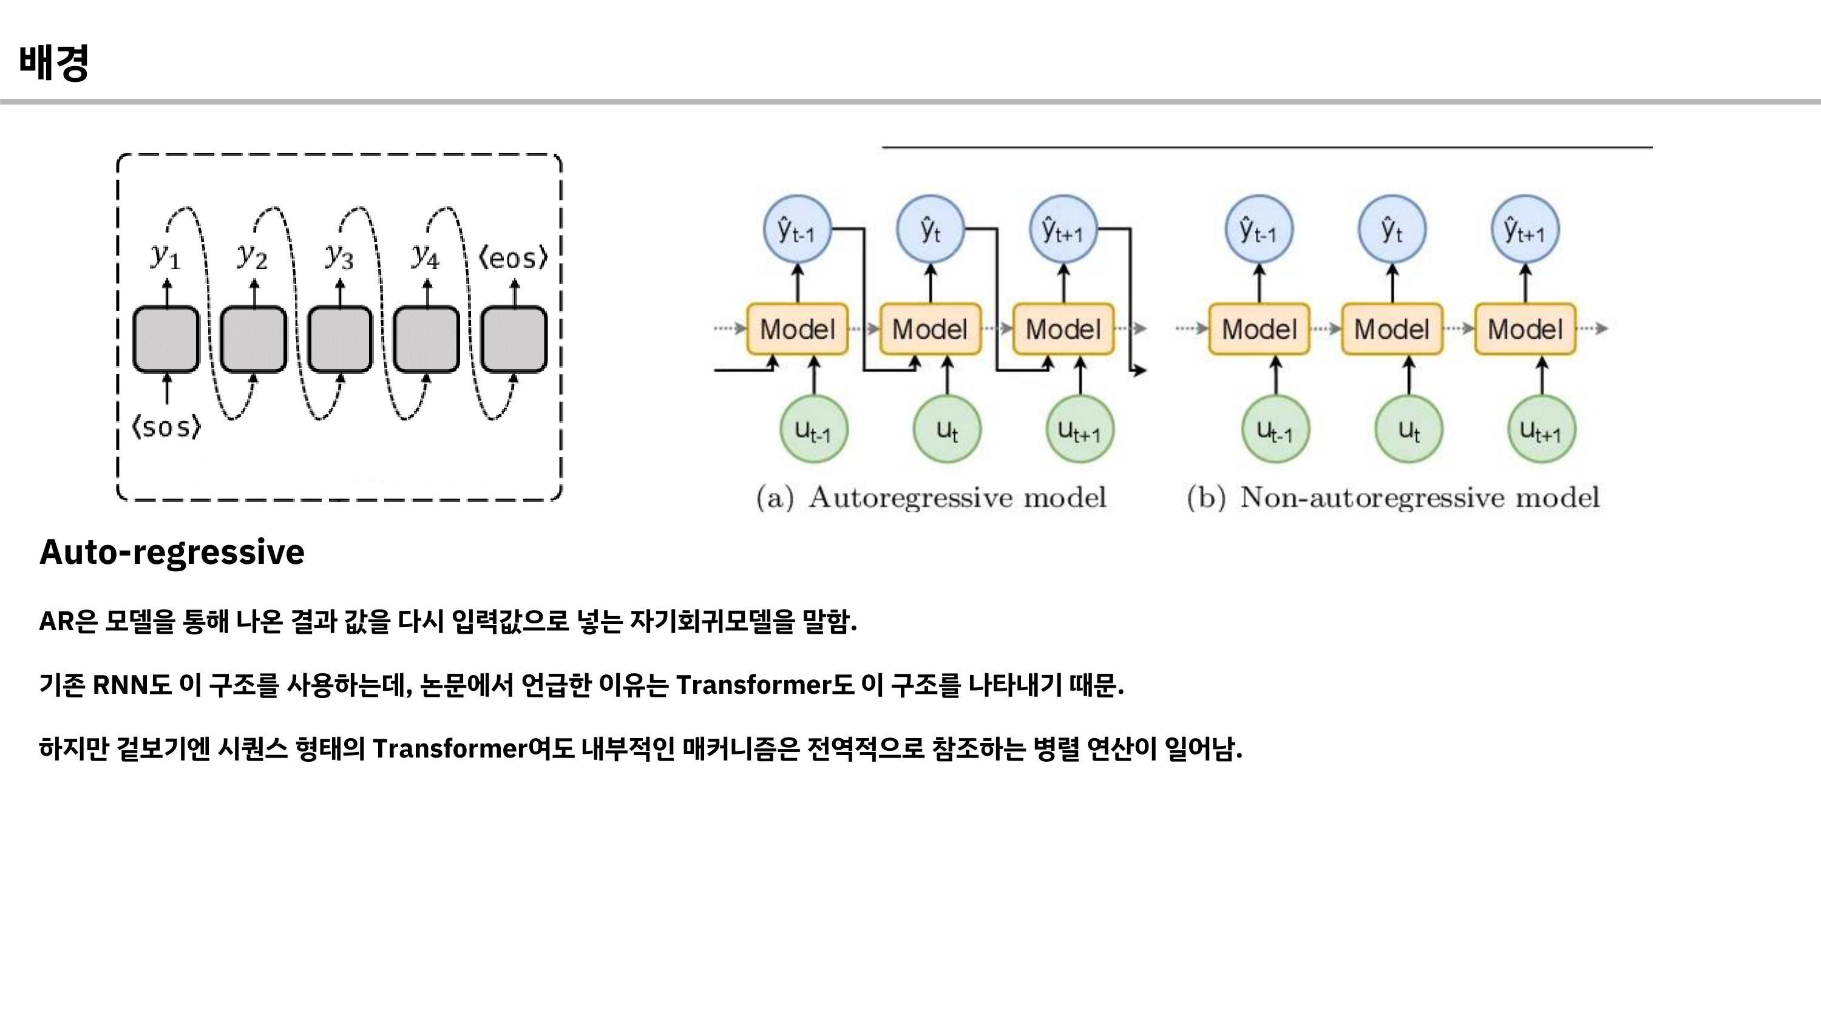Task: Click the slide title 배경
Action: [x=54, y=62]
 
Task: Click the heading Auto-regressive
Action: [x=172, y=552]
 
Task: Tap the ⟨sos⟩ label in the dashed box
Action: [x=166, y=427]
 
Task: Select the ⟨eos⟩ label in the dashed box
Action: [x=513, y=258]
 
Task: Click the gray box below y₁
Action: [x=167, y=339]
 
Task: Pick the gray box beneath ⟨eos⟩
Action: [x=514, y=339]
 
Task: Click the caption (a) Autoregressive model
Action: [x=931, y=498]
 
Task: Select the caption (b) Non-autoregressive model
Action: [x=1392, y=498]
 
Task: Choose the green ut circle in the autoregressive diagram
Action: [x=948, y=429]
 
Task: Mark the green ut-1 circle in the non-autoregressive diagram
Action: [x=1275, y=429]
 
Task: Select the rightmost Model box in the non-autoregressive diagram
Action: [x=1525, y=328]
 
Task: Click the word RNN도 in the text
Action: [x=132, y=685]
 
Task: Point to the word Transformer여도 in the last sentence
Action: [x=473, y=748]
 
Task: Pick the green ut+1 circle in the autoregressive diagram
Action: [x=1079, y=429]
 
